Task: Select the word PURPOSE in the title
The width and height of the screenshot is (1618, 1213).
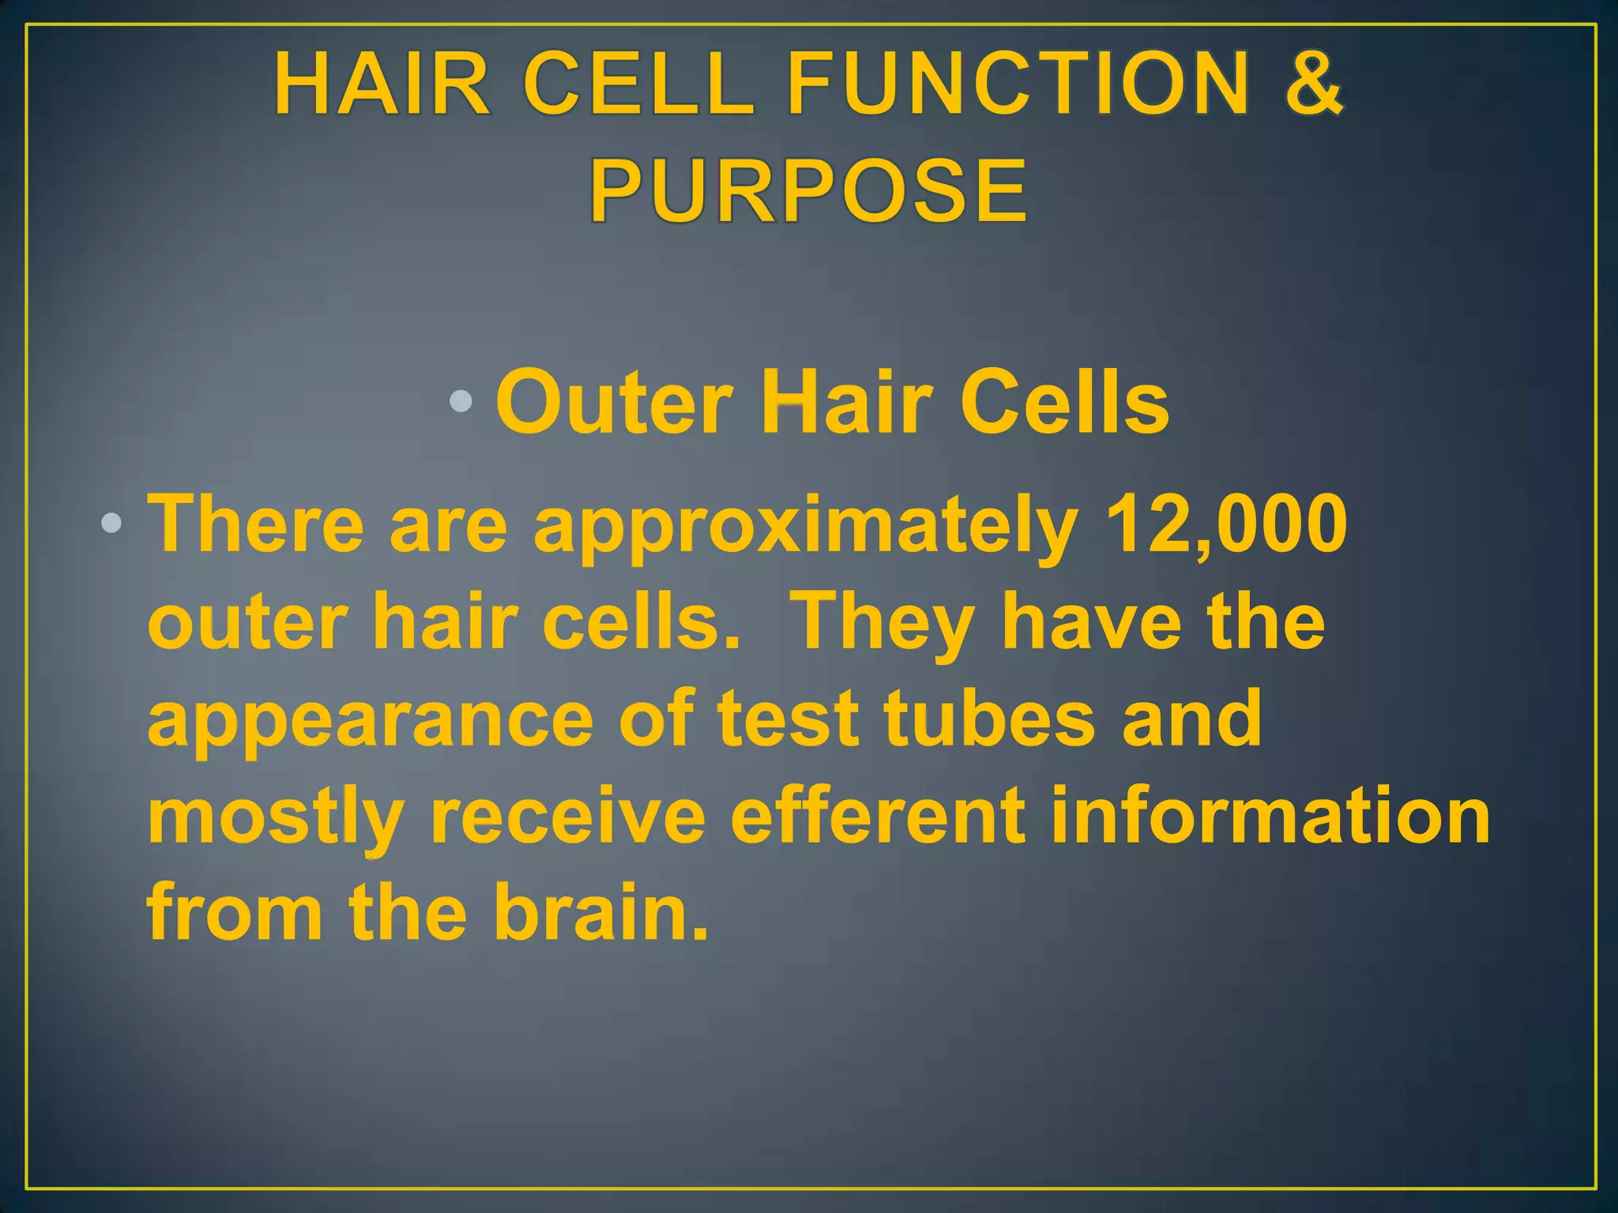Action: click(808, 190)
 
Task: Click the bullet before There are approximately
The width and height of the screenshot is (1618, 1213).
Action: click(111, 523)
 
